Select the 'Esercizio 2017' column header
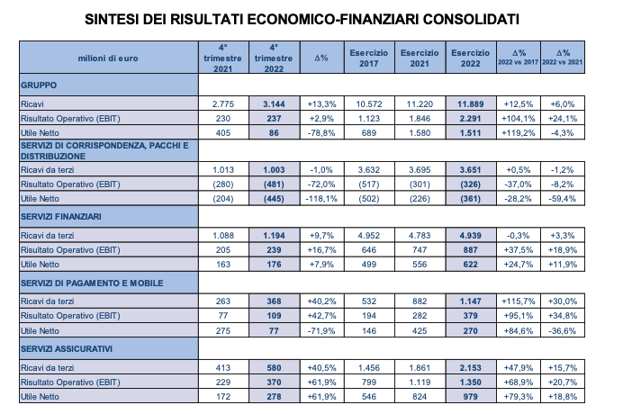[x=369, y=58]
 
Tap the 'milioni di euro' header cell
[x=108, y=58]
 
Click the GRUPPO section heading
[x=39, y=85]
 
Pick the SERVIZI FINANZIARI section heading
[x=61, y=217]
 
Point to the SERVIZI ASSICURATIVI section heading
[x=67, y=349]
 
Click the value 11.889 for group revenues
[x=471, y=104]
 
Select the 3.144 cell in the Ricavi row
[x=275, y=104]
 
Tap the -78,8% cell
[x=321, y=132]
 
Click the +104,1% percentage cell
[x=518, y=119]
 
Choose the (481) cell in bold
[x=275, y=184]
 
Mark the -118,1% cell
[x=321, y=199]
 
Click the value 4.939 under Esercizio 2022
[x=471, y=236]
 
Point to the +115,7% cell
[x=518, y=301]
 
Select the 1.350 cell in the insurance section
[x=471, y=382]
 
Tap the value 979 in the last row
[x=471, y=397]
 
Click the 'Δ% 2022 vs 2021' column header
[x=563, y=58]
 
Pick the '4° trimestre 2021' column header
[x=223, y=58]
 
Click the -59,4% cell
[x=563, y=199]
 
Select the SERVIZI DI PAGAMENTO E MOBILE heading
[x=92, y=283]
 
